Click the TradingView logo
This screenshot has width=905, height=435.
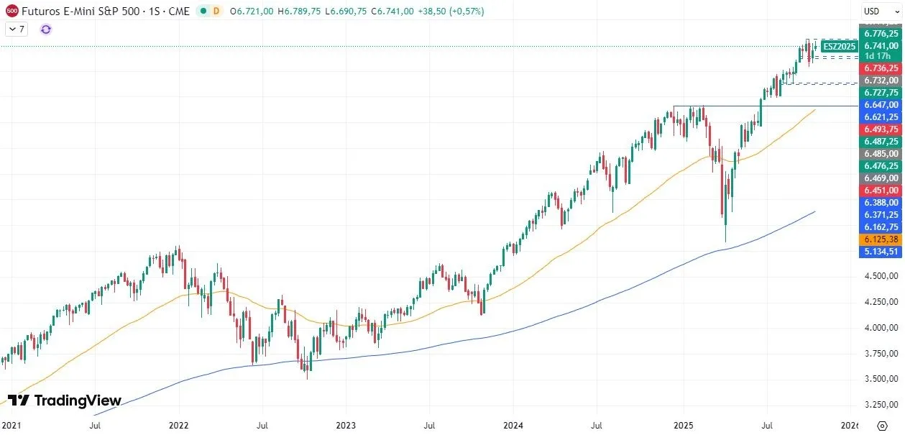tap(65, 400)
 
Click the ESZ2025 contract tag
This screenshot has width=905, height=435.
tap(839, 46)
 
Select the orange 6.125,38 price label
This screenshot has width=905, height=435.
tap(881, 239)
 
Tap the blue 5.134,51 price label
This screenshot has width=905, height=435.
tap(881, 251)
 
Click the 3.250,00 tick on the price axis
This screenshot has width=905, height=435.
tap(881, 404)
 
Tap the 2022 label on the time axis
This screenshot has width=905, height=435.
tap(179, 426)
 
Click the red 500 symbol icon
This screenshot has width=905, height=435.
tap(12, 12)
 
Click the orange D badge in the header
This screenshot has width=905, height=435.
tap(216, 12)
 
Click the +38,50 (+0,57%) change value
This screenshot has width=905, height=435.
tap(450, 12)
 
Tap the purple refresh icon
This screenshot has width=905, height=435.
tap(46, 29)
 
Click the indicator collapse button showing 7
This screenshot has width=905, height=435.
tap(17, 29)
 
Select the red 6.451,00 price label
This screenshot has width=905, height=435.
tap(881, 190)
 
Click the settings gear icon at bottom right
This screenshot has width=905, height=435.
tap(882, 426)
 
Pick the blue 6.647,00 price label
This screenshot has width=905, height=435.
tap(881, 104)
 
